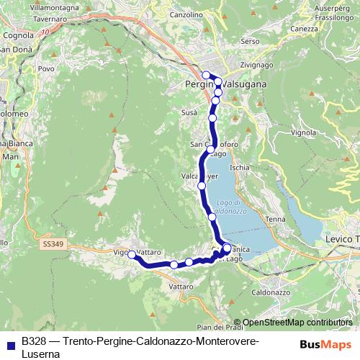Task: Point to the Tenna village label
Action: click(x=274, y=219)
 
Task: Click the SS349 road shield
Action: click(x=53, y=244)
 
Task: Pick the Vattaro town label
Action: click(x=181, y=287)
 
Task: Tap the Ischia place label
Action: click(x=240, y=167)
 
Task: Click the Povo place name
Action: click(x=46, y=69)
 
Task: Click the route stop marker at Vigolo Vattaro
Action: click(x=131, y=254)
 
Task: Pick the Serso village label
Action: click(x=251, y=42)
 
